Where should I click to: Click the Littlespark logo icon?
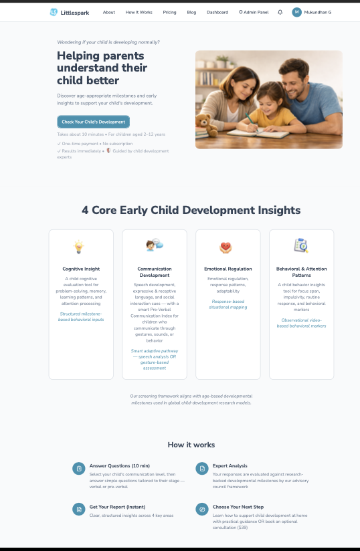click(54, 12)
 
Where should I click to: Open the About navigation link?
click(109, 12)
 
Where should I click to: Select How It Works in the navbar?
click(139, 12)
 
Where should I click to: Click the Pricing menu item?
click(170, 12)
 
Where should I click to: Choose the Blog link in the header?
click(192, 12)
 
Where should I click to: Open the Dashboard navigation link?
click(217, 12)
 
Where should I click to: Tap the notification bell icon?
click(280, 12)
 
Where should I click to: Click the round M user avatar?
click(297, 12)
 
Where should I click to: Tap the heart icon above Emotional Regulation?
click(226, 247)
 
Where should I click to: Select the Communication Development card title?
click(155, 271)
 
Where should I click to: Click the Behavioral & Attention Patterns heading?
click(301, 271)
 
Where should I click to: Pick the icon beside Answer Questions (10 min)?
click(79, 468)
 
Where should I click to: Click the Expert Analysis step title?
click(230, 465)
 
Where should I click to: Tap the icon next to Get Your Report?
click(79, 509)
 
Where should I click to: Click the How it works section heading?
click(191, 444)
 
